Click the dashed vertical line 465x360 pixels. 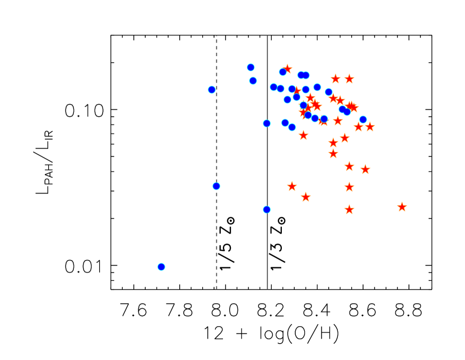216,236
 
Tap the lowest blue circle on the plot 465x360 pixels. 161,266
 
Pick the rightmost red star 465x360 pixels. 402,207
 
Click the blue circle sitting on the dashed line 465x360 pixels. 216,186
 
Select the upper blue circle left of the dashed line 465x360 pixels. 212,90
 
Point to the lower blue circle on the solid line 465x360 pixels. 267,210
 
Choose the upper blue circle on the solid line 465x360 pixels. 267,123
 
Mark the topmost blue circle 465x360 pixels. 250,67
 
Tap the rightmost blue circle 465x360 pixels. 363,119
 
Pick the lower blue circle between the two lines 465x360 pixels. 253,81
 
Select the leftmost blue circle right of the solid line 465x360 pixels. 273,87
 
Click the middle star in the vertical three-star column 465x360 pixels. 349,187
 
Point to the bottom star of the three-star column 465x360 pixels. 349,209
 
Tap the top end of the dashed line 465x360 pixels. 216,36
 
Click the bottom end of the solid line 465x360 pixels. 267,288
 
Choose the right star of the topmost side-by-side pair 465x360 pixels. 349,79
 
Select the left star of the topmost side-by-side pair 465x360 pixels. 336,79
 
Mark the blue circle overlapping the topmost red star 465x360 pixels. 283,72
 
